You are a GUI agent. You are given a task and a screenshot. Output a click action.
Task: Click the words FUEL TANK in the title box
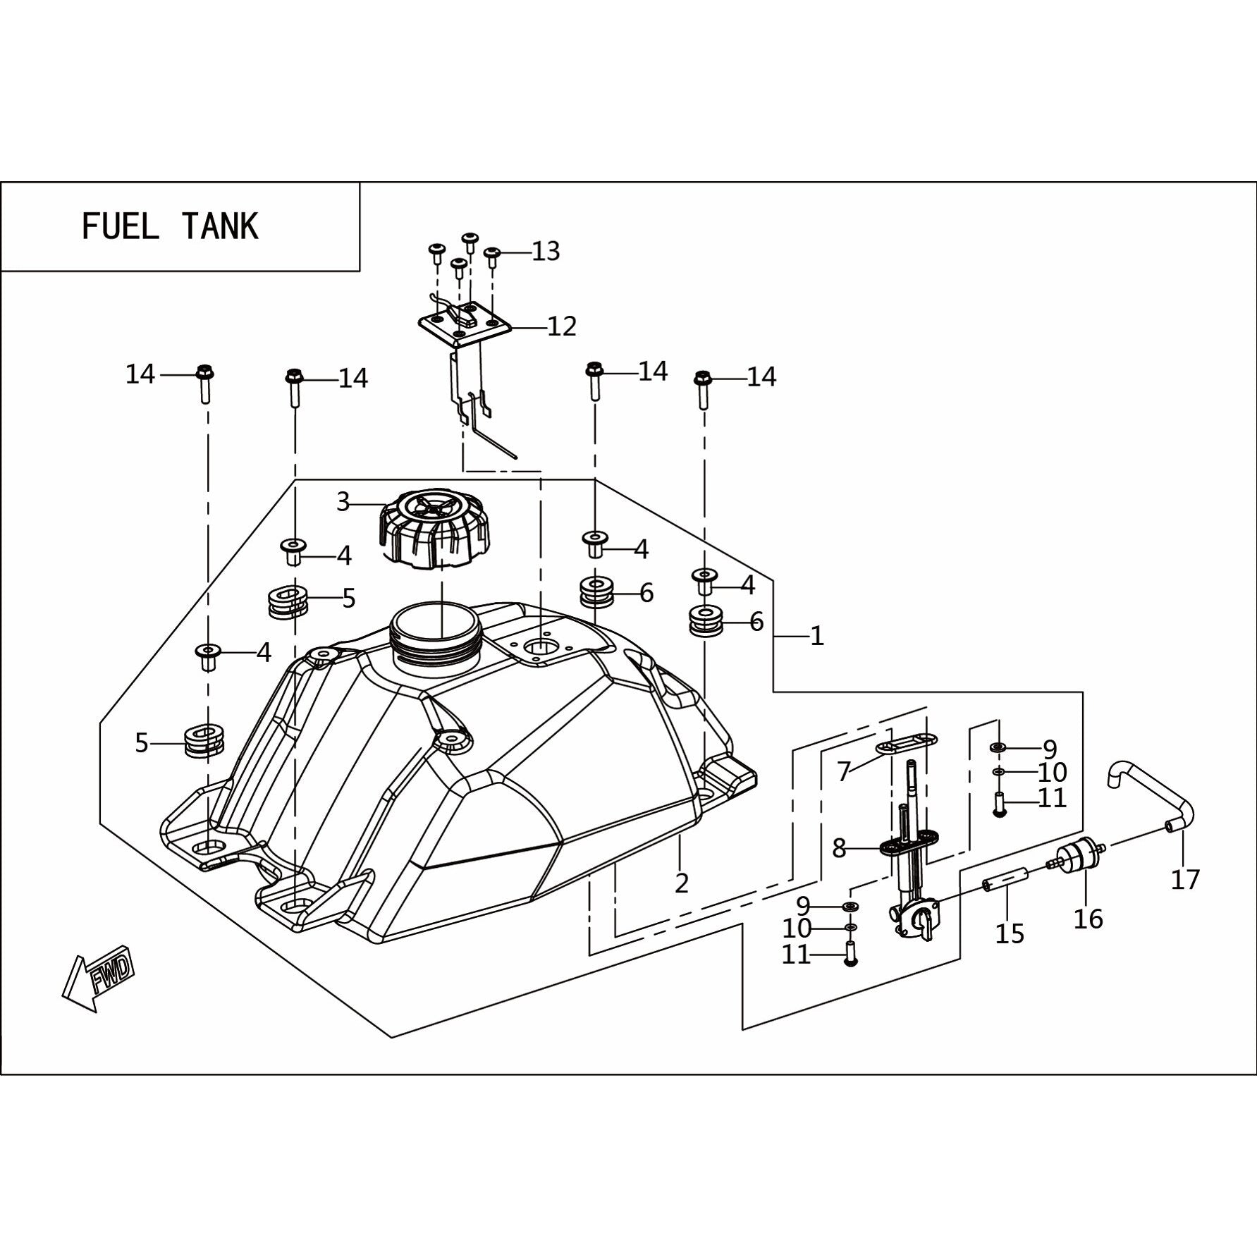171,227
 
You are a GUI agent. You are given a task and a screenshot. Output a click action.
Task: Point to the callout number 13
546,251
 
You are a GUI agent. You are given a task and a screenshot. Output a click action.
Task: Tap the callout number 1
817,637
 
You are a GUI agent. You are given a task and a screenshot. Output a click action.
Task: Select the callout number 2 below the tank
681,883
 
